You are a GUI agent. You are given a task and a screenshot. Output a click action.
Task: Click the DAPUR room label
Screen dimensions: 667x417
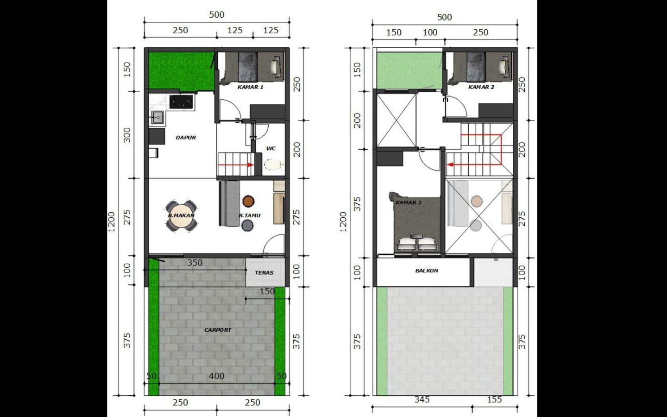tap(186, 138)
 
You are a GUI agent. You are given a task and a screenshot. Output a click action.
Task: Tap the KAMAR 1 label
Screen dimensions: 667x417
tap(251, 87)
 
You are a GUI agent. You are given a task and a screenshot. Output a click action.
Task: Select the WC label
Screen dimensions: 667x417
tap(271, 148)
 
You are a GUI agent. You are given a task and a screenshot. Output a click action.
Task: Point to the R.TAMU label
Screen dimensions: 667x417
tap(250, 215)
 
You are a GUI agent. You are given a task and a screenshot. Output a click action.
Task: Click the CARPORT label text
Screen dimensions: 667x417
tap(218, 330)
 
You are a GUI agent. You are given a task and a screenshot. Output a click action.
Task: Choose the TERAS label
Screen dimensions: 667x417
tap(264, 272)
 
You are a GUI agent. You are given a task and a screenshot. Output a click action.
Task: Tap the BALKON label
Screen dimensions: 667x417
tap(427, 271)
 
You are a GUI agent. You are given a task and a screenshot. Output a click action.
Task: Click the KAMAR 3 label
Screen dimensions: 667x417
tap(409, 202)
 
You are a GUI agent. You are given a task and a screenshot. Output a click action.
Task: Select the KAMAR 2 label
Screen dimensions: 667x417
tap(481, 87)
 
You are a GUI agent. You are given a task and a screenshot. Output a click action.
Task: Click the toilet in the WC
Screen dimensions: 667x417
tap(273, 164)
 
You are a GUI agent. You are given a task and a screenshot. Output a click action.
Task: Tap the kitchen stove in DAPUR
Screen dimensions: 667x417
tap(181, 102)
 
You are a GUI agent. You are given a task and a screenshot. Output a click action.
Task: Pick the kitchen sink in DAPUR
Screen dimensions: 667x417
tap(157, 117)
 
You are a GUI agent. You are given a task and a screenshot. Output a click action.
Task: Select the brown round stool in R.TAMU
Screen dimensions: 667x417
tap(248, 202)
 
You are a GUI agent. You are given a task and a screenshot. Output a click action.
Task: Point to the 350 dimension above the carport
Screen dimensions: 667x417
tap(195, 263)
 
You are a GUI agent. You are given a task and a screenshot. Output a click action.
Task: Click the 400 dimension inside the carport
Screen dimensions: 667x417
tap(216, 376)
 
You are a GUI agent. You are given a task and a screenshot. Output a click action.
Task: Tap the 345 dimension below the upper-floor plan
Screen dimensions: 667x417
tap(422, 399)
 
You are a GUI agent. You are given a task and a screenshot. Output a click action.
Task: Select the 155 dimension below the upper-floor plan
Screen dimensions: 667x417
tap(495, 399)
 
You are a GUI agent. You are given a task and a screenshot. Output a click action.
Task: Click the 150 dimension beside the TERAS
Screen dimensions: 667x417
tap(267, 291)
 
